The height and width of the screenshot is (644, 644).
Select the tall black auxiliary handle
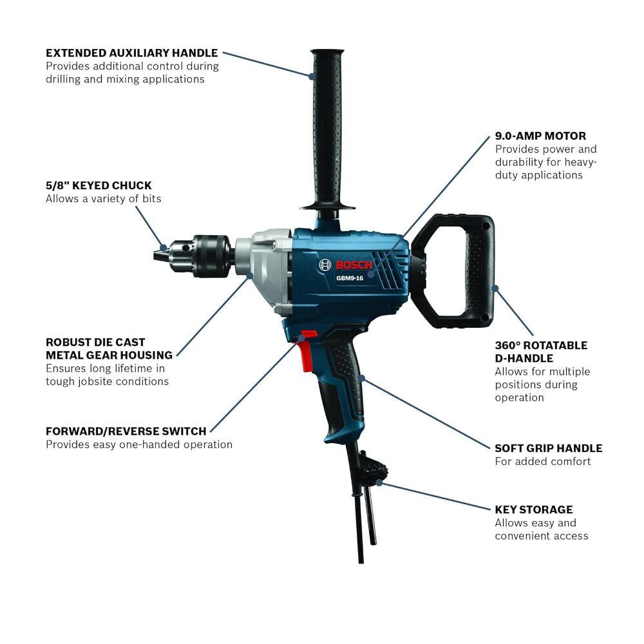point(328,129)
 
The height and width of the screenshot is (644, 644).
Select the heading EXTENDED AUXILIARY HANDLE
point(131,53)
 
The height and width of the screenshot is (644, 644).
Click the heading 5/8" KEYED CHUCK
point(99,185)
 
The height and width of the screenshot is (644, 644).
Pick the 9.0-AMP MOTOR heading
point(540,136)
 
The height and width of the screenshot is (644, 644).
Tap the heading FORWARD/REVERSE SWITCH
point(126,431)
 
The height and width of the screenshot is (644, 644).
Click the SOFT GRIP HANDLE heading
point(549,448)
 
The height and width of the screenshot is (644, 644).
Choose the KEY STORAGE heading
point(534,509)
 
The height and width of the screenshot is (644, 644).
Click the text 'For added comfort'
point(543,461)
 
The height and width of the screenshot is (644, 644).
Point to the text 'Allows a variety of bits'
point(103,199)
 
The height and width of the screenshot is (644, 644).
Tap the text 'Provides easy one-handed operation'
point(138,444)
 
